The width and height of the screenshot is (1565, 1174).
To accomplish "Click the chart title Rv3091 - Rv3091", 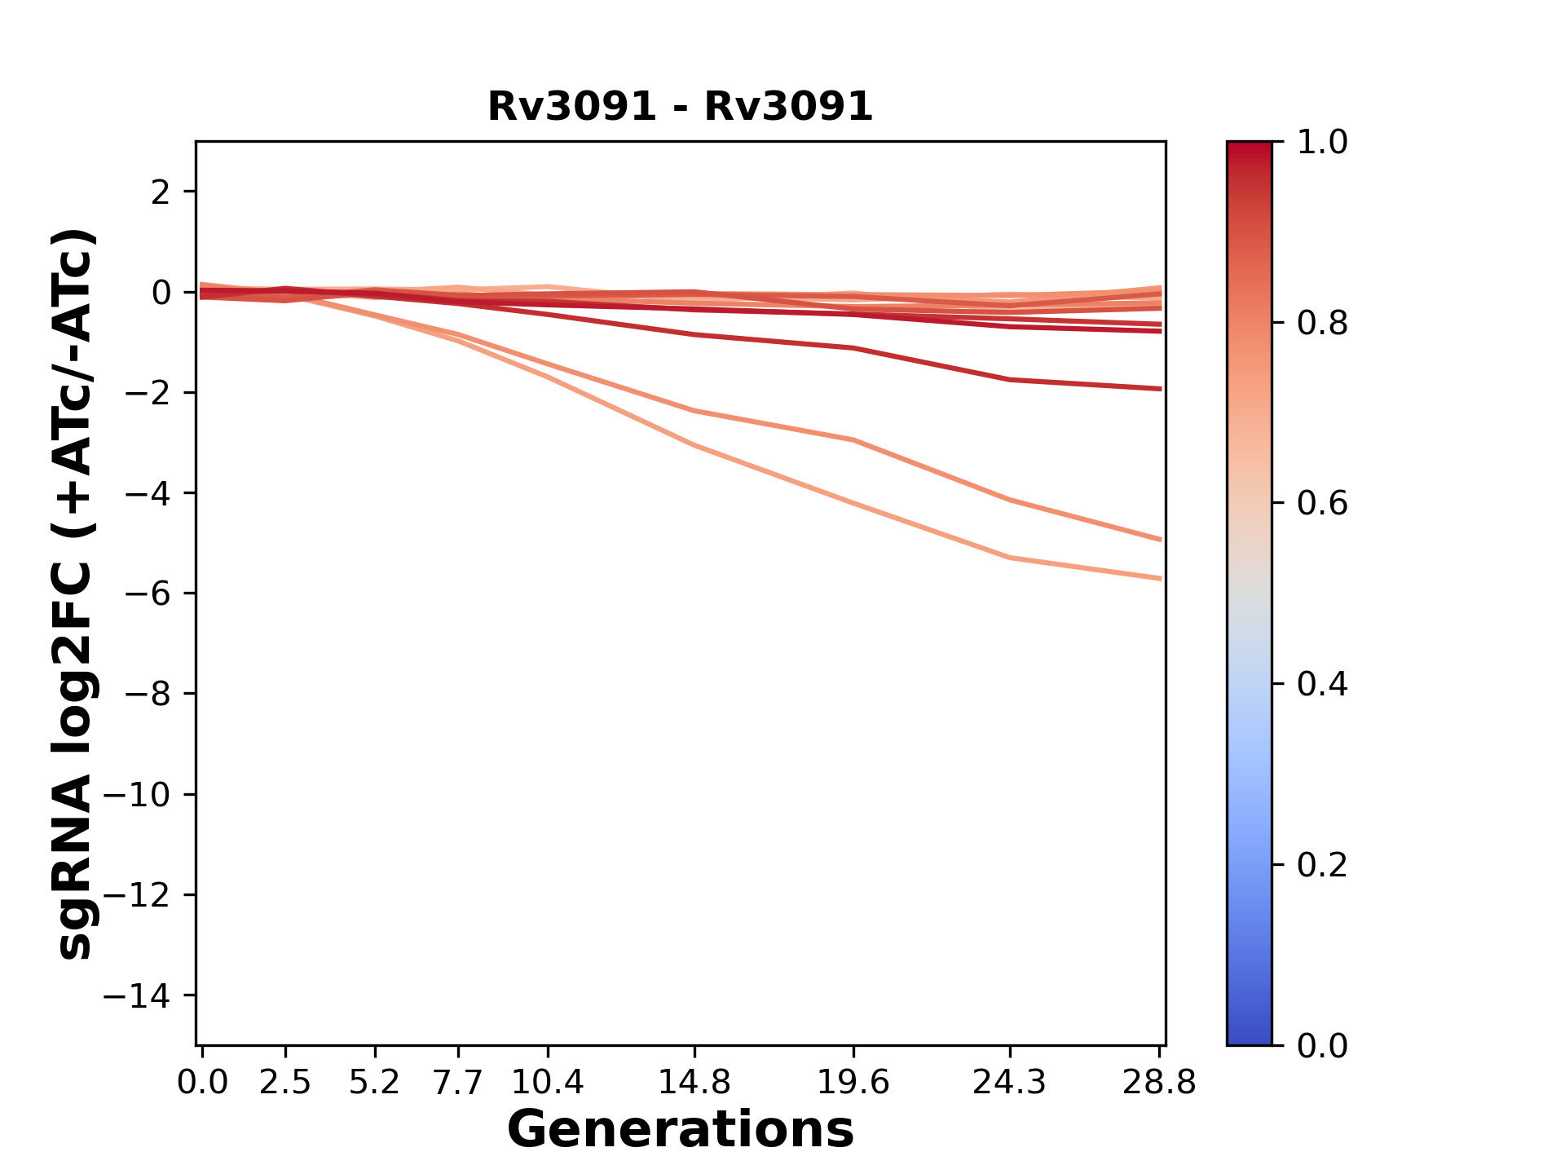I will pos(680,107).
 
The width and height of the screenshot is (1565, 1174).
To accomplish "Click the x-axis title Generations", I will pos(680,1130).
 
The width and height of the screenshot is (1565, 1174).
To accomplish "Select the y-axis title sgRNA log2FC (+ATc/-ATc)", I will pos(75,594).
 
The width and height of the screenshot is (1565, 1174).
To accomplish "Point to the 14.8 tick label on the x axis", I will pos(694,1083).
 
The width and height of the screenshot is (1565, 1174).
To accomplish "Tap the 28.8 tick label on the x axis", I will pos(1159,1083).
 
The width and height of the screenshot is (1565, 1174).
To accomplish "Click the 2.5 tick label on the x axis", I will pos(285,1083).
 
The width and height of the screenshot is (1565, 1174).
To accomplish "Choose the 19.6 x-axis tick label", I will pos(853,1083).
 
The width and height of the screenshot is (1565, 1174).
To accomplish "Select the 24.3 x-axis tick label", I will pos(1009,1083).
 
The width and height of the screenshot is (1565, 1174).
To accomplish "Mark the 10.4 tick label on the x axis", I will pos(548,1083).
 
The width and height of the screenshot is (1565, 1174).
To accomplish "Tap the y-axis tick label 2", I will pos(161,192).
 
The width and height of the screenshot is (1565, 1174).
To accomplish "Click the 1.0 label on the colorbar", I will pos(1322,143).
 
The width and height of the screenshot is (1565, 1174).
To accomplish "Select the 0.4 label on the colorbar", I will pos(1322,684).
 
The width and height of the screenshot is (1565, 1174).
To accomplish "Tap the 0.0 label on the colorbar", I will pos(1322,1045).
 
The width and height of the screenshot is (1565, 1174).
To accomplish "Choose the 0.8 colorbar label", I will pos(1322,324).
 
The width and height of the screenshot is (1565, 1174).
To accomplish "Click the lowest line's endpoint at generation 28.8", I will pos(1159,578).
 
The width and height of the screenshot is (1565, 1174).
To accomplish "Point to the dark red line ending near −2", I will pos(1011,380).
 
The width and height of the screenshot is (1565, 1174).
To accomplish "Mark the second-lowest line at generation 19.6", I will pos(853,440).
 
